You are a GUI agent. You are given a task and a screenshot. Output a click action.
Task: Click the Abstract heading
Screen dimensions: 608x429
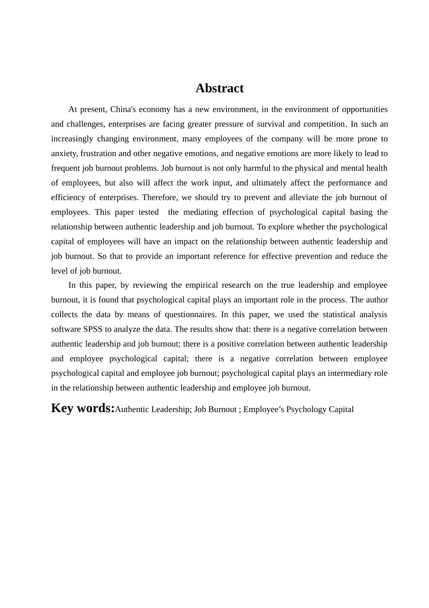tap(219, 88)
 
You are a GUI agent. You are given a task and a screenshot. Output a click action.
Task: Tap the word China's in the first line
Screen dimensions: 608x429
tap(123, 109)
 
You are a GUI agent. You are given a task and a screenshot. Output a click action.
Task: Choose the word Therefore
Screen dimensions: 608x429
tap(162, 198)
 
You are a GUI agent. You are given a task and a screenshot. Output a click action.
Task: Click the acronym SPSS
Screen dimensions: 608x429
tap(93, 329)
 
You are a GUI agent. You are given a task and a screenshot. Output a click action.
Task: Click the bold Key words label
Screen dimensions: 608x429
tap(83, 408)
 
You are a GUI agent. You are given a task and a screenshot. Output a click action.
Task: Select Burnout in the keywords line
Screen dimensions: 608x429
tap(222, 409)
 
